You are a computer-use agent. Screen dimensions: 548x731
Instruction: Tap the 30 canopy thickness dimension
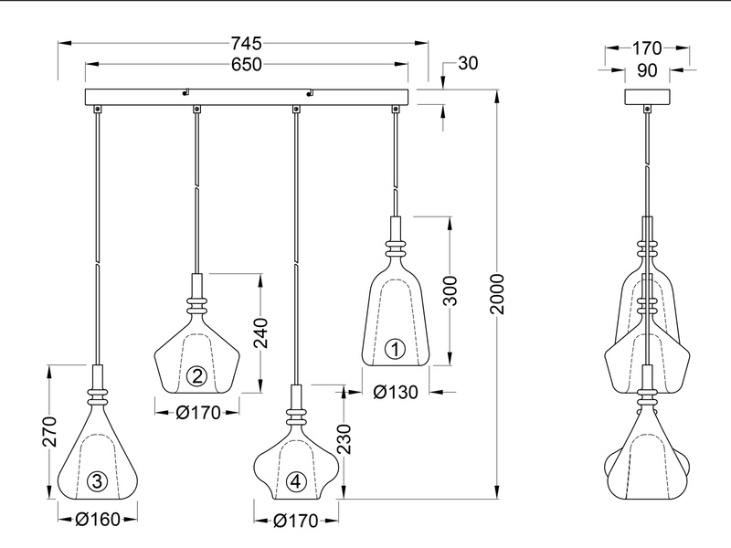468,63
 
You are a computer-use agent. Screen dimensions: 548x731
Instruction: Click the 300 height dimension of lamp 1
450,291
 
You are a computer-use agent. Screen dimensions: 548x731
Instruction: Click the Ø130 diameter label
397,392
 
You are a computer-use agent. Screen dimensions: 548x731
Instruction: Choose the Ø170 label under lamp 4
294,522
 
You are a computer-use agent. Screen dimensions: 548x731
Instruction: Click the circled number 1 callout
395,348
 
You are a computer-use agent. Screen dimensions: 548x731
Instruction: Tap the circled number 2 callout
196,374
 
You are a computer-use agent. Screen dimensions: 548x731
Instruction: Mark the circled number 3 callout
97,481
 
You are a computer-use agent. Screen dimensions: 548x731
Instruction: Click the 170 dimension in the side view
648,47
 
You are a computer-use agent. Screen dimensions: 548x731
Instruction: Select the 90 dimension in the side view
648,70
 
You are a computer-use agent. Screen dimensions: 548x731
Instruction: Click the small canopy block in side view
648,96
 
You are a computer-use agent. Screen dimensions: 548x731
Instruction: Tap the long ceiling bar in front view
247,97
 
